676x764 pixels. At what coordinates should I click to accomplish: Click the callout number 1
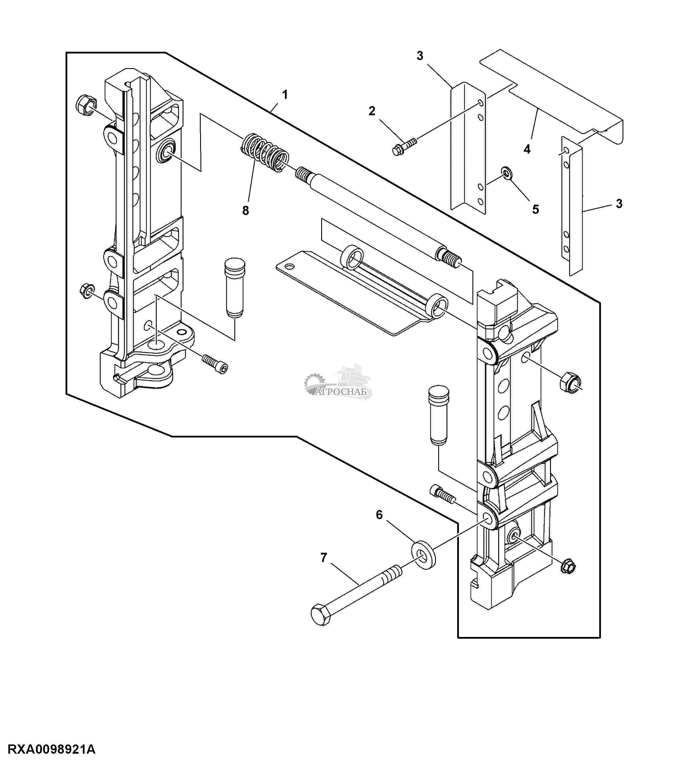(x=285, y=95)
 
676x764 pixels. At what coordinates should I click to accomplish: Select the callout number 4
(x=527, y=149)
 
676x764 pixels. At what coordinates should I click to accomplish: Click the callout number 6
(x=379, y=515)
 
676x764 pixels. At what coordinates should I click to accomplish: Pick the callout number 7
(x=324, y=558)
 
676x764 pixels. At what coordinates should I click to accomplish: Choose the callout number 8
(x=245, y=211)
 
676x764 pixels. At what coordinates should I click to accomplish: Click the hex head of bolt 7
(x=321, y=614)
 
